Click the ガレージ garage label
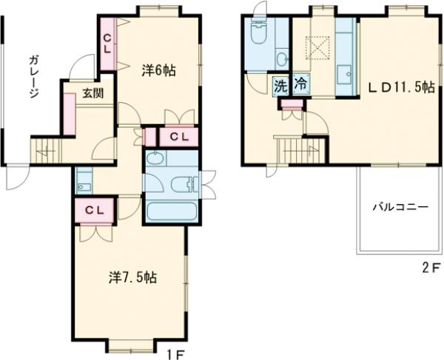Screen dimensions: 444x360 tap(34, 77)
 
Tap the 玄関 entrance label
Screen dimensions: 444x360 tap(93, 93)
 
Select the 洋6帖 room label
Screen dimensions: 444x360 tap(158, 71)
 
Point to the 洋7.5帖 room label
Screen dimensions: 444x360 tap(132, 277)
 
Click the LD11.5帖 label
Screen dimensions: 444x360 tap(401, 87)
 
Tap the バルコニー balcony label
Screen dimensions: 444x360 tap(400, 207)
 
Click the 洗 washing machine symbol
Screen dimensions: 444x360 tap(281, 86)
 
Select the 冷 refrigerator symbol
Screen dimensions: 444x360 tap(300, 84)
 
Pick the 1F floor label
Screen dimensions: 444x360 tap(176, 355)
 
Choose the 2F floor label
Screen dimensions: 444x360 tap(432, 268)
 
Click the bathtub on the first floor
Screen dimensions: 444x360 tap(172, 211)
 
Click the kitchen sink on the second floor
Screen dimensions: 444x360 tap(344, 75)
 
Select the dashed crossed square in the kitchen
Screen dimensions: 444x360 tap(317, 48)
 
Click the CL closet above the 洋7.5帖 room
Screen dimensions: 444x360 tap(95, 210)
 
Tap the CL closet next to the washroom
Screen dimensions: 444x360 tap(178, 137)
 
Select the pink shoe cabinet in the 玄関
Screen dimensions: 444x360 tap(69, 114)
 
